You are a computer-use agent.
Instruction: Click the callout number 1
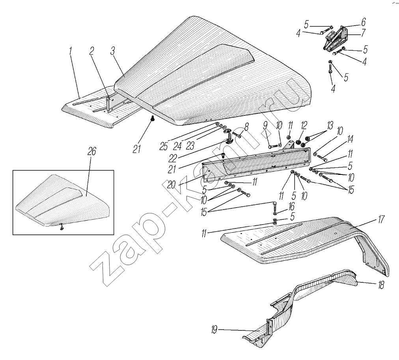click(x=70, y=52)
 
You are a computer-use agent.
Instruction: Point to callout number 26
click(x=92, y=151)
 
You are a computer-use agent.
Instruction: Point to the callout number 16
click(x=291, y=206)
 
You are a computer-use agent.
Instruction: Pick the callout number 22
click(x=173, y=158)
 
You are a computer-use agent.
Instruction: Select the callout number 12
click(x=304, y=125)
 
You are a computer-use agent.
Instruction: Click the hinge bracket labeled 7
click(x=336, y=38)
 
